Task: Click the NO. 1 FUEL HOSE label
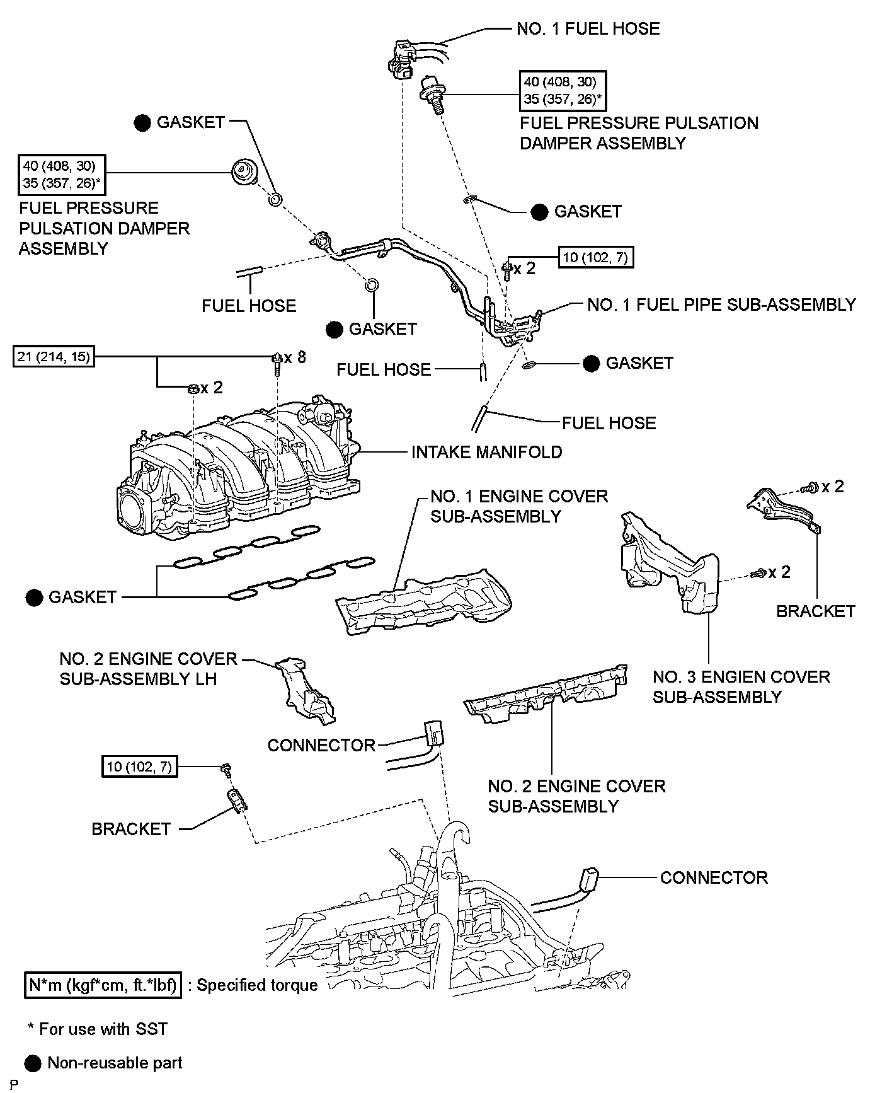(588, 29)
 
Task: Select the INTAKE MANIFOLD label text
(486, 452)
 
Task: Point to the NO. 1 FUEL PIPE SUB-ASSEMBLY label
(721, 305)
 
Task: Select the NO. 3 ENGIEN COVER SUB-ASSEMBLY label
(741, 686)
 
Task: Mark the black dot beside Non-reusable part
(33, 1063)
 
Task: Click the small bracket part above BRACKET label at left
(237, 801)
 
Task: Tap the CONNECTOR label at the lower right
(714, 877)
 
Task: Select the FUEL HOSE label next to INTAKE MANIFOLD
(609, 423)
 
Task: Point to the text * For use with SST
(98, 1029)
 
